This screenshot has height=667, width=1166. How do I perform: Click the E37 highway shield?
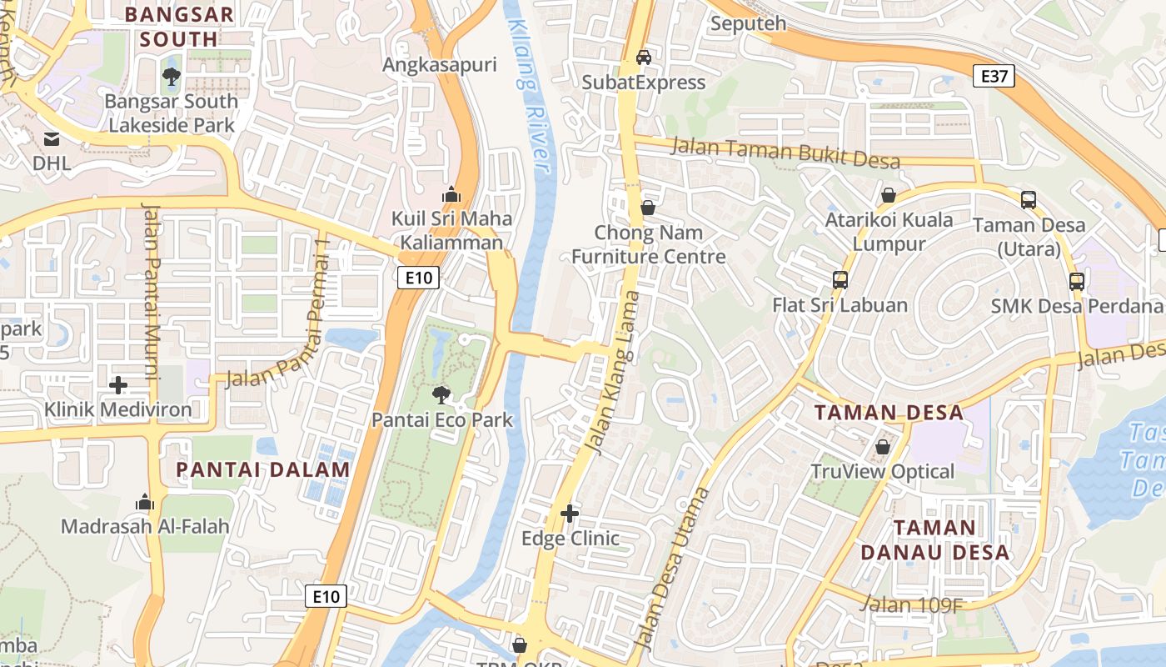[994, 77]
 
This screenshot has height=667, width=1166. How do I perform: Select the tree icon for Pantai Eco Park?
[441, 394]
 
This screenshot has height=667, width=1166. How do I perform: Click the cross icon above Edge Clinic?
[570, 514]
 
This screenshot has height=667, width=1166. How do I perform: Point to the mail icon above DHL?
[52, 138]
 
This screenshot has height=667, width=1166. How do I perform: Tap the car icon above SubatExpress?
[643, 58]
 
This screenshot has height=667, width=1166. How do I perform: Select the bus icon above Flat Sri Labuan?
[840, 280]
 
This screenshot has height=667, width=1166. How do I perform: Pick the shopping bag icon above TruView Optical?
[882, 448]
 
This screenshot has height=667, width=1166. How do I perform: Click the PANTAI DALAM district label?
[263, 469]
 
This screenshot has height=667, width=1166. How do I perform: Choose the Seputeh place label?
[748, 23]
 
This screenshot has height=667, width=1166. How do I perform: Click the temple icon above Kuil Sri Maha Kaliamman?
[451, 194]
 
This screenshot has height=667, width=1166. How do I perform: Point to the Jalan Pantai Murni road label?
[152, 292]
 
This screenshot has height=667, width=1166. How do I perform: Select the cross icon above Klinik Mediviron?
[118, 385]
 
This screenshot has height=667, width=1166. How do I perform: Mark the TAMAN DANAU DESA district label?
[934, 539]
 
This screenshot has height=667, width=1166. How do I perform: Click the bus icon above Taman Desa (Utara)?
[1029, 200]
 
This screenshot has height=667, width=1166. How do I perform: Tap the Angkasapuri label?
[439, 65]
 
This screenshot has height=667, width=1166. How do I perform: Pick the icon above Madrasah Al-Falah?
[145, 503]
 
